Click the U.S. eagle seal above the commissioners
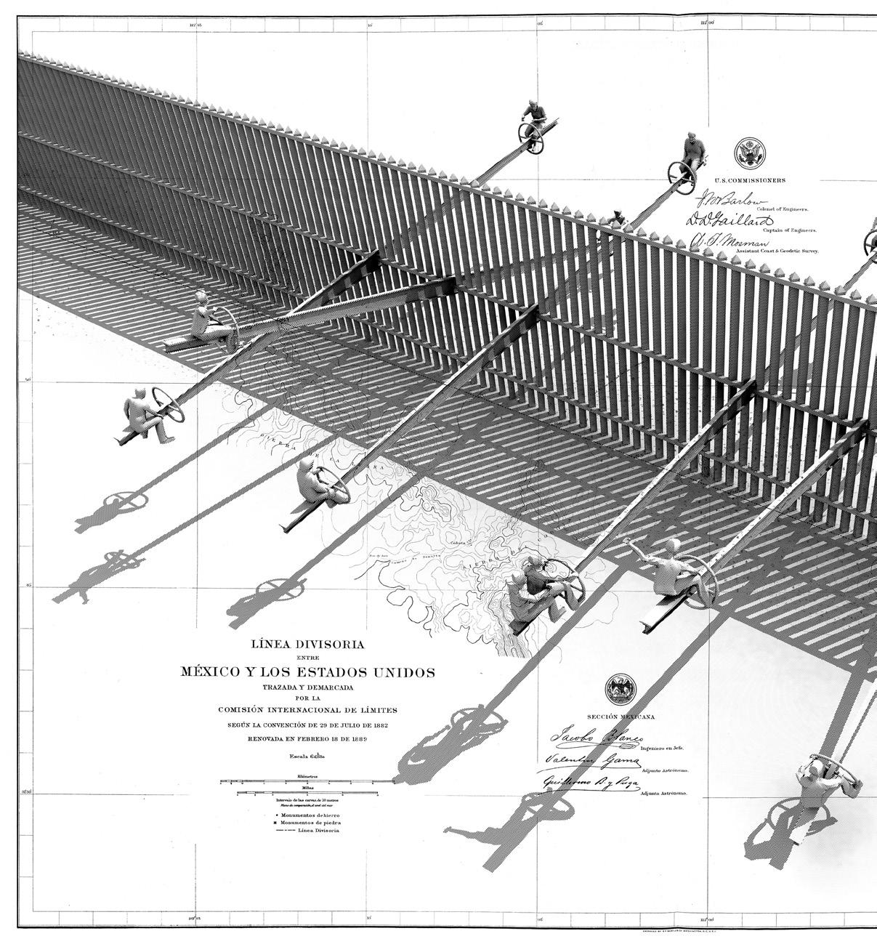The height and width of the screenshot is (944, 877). click(748, 153)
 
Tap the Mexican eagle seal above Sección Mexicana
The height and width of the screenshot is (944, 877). click(620, 689)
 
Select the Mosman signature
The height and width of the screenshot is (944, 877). click(727, 241)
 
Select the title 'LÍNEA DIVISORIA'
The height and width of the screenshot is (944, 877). click(307, 644)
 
